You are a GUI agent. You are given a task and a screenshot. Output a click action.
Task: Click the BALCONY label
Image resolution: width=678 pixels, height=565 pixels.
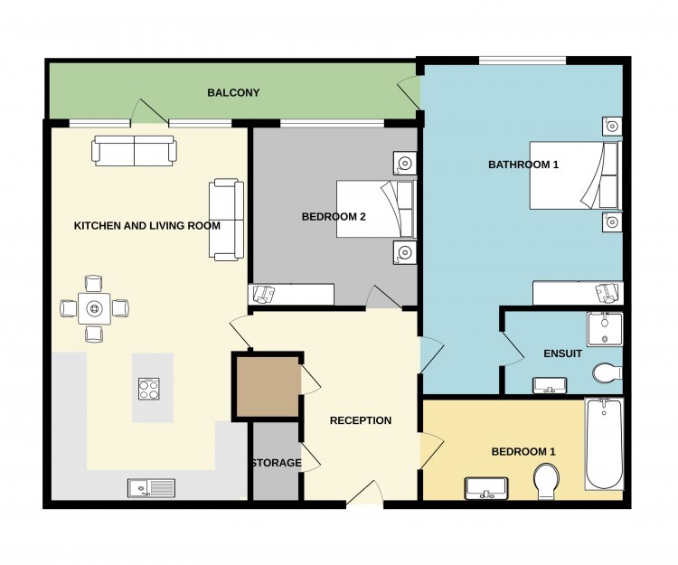pyautogui.click(x=233, y=92)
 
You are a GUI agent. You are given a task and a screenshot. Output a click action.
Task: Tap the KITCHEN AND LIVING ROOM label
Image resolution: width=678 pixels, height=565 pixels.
pyautogui.click(x=147, y=226)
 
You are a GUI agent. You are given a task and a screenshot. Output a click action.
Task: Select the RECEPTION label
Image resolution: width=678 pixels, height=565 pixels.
pyautogui.click(x=361, y=420)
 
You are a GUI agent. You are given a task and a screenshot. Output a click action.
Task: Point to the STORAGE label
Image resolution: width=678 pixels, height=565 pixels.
pyautogui.click(x=277, y=463)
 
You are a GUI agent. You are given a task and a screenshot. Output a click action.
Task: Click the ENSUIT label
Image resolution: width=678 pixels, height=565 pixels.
pyautogui.click(x=562, y=353)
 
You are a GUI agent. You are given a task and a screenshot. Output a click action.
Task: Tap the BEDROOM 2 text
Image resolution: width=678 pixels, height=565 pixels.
pyautogui.click(x=334, y=217)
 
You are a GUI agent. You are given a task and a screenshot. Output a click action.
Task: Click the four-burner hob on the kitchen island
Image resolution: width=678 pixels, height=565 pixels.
pyautogui.click(x=149, y=389)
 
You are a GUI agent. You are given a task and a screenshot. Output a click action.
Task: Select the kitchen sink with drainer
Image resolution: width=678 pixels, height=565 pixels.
pyautogui.click(x=151, y=488)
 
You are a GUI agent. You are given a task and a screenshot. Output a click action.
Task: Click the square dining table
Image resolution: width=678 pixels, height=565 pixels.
pyautogui.click(x=94, y=308)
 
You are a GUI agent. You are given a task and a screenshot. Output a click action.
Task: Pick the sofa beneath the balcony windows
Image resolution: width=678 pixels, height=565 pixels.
pyautogui.click(x=134, y=151)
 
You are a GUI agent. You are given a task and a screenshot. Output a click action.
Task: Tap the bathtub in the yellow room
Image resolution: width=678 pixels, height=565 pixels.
pyautogui.click(x=604, y=444)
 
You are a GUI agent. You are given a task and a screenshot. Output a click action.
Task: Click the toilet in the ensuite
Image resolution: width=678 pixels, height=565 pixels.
pyautogui.click(x=607, y=372)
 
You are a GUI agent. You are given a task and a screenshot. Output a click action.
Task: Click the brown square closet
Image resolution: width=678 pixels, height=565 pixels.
pyautogui.click(x=268, y=387)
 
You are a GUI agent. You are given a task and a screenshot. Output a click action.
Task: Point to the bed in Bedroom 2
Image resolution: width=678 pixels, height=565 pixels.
pyautogui.click(x=377, y=209)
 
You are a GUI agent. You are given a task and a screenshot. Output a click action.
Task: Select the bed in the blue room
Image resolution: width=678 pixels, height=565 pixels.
pyautogui.click(x=576, y=175)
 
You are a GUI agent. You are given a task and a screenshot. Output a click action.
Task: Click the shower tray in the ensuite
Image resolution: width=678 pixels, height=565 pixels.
pyautogui.click(x=605, y=329)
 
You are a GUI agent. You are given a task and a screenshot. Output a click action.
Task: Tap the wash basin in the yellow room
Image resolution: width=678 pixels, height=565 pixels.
pyautogui.click(x=486, y=488)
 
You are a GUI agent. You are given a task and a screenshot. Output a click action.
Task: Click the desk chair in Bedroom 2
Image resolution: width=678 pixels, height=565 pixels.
pyautogui.click(x=264, y=294)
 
